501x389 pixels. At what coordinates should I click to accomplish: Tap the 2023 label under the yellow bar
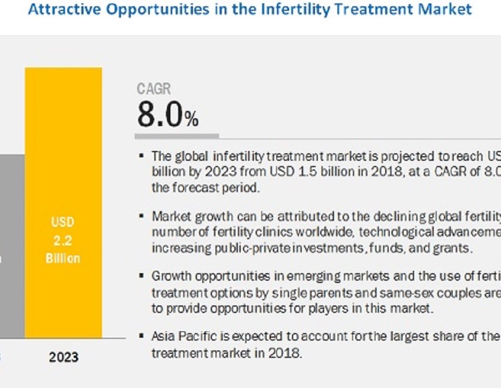63,357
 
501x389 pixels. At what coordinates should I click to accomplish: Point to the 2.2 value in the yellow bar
63,240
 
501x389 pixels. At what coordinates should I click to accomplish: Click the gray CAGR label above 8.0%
154,89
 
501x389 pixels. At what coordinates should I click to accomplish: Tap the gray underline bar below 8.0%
177,137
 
